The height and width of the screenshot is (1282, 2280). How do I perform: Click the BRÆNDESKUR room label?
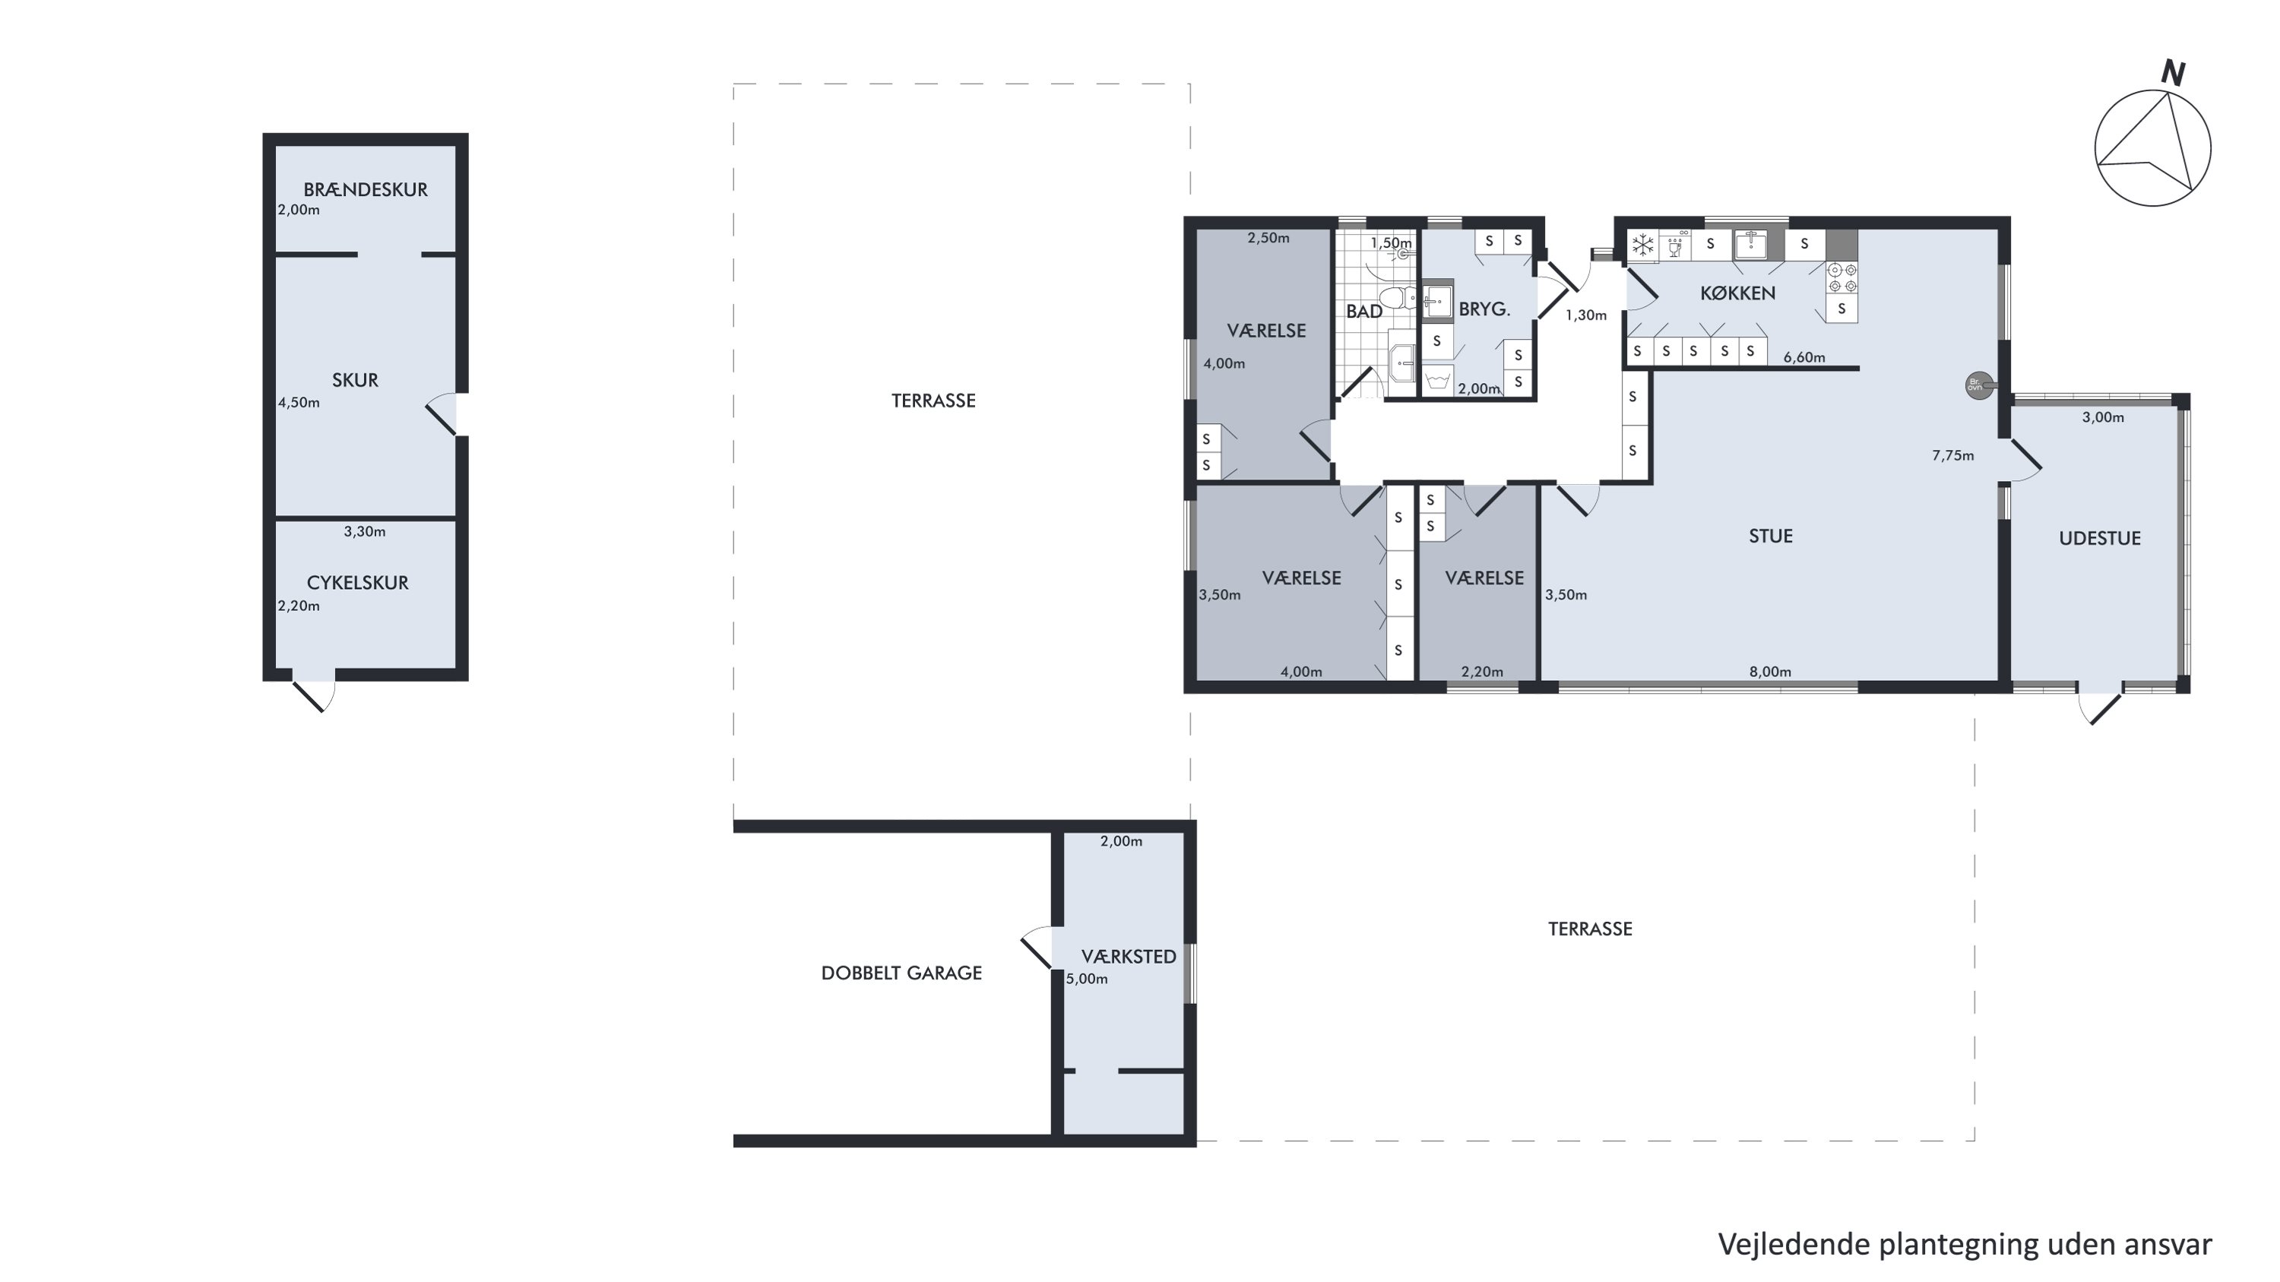[366, 189]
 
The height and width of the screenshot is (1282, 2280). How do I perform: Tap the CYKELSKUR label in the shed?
[357, 583]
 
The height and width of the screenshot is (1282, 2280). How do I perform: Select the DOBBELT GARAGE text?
[901, 973]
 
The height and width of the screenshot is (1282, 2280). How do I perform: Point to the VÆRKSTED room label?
[1129, 957]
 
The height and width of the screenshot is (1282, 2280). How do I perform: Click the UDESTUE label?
[2099, 538]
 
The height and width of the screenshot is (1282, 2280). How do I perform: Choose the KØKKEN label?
[1737, 293]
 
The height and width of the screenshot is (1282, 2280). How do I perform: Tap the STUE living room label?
[1770, 537]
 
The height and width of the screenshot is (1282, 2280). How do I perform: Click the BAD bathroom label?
[1364, 312]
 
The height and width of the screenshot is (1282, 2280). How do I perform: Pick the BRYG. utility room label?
[1484, 309]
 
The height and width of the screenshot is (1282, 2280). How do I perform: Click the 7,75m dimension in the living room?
[1952, 456]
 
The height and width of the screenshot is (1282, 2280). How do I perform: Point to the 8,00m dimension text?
[1770, 672]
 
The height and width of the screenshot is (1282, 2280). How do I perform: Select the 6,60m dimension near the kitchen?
[1803, 357]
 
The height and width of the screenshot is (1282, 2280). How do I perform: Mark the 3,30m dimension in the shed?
[365, 532]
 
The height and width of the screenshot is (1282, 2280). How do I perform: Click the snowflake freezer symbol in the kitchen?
[1642, 245]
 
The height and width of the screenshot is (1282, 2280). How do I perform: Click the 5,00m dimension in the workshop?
[1087, 980]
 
